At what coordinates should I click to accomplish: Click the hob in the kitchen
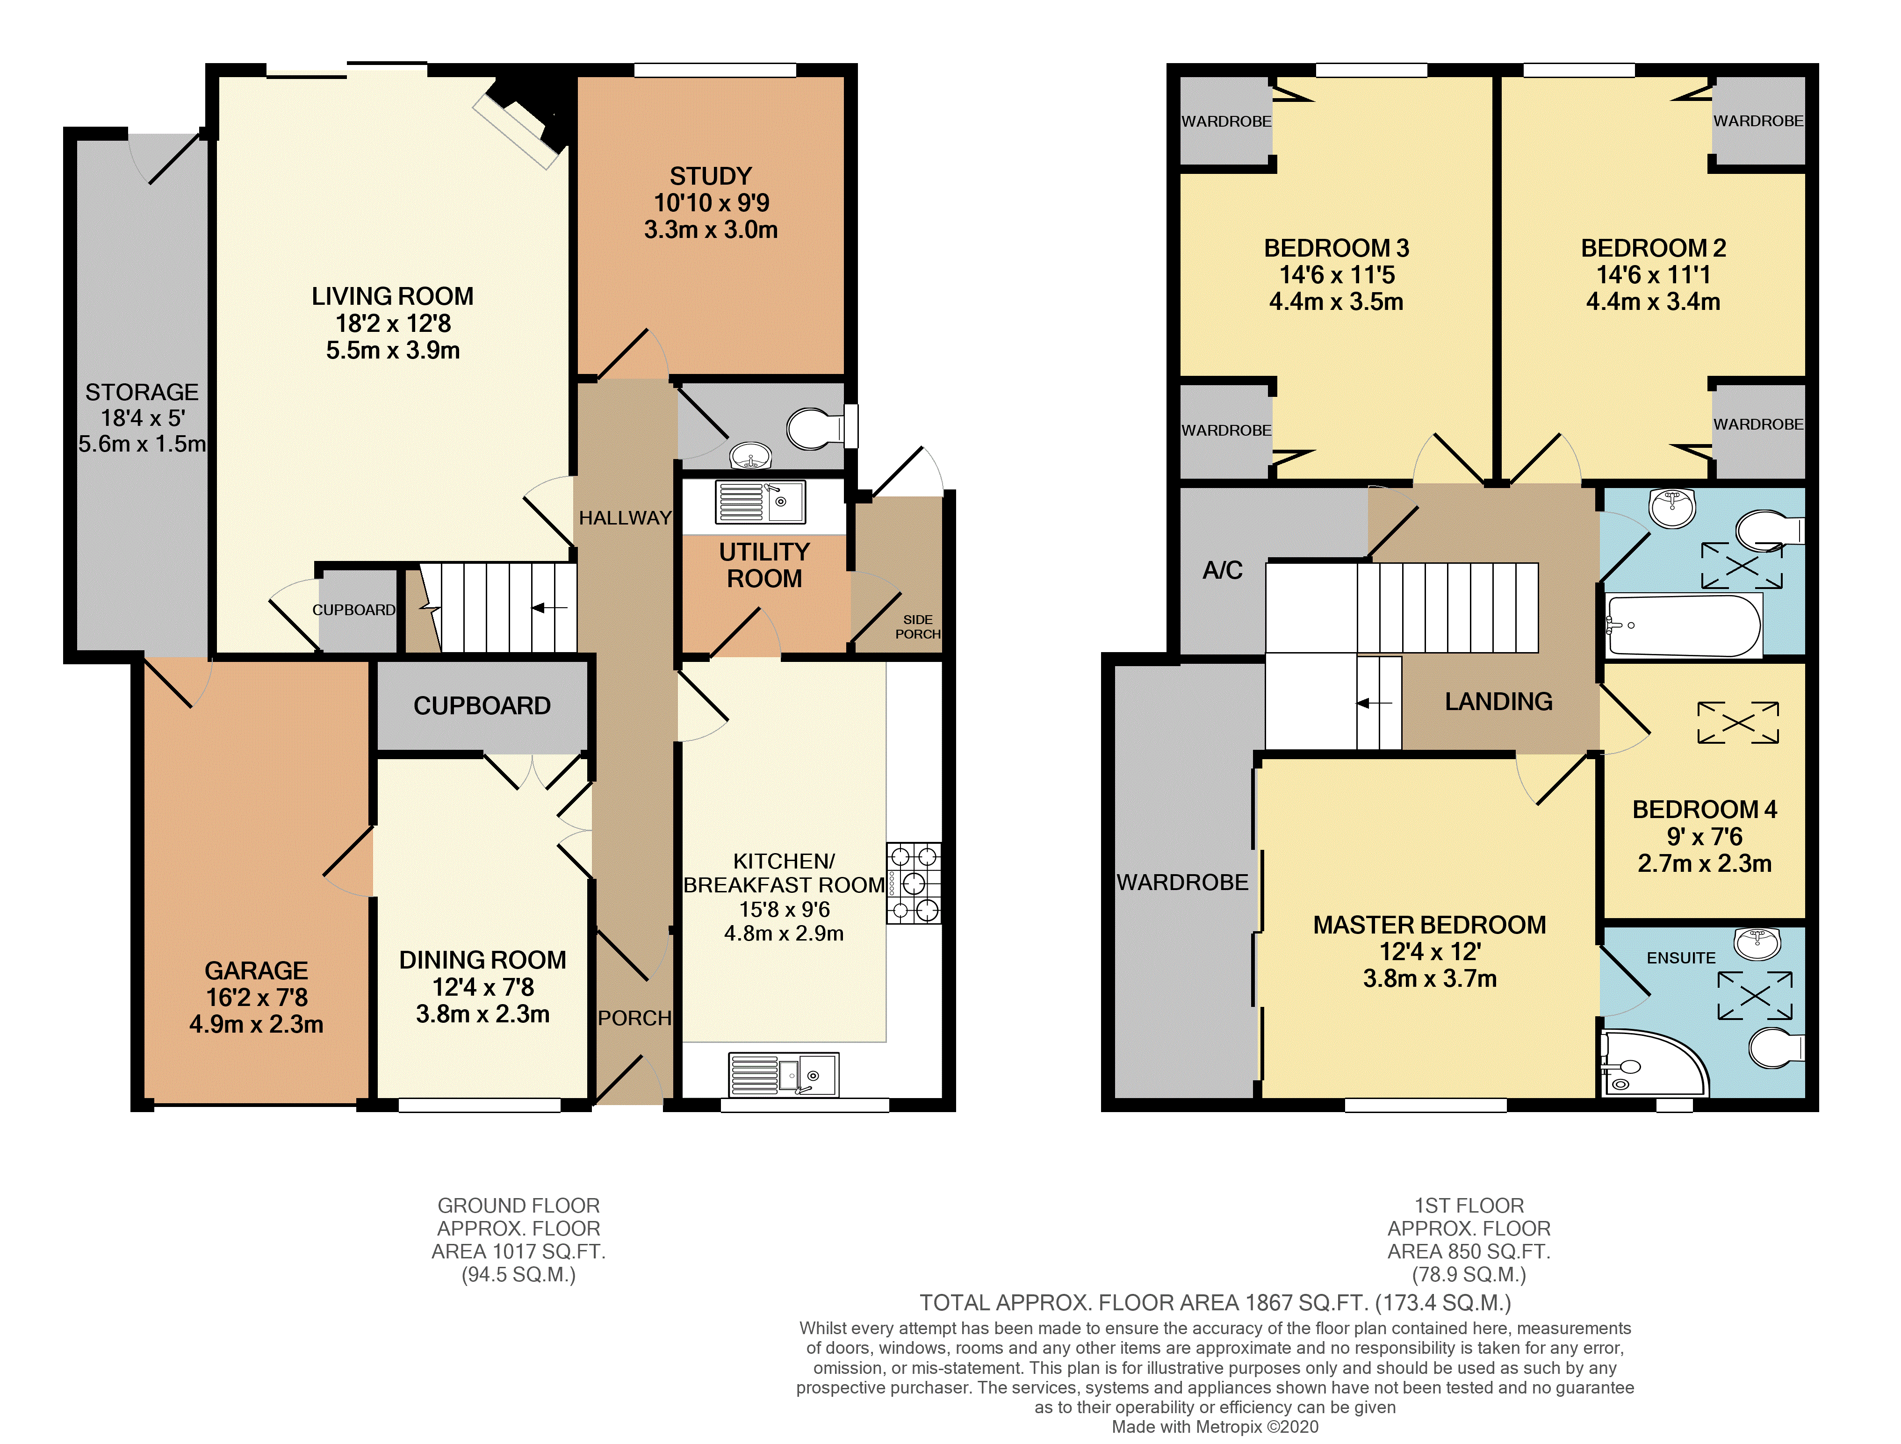[914, 883]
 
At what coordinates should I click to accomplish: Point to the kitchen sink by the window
[783, 1074]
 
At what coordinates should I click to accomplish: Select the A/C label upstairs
[1222, 570]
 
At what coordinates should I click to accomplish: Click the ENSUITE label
[1680, 957]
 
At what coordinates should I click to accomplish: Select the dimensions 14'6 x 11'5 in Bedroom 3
[1336, 275]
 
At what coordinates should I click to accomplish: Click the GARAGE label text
[256, 970]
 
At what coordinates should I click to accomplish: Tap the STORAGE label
[142, 392]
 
